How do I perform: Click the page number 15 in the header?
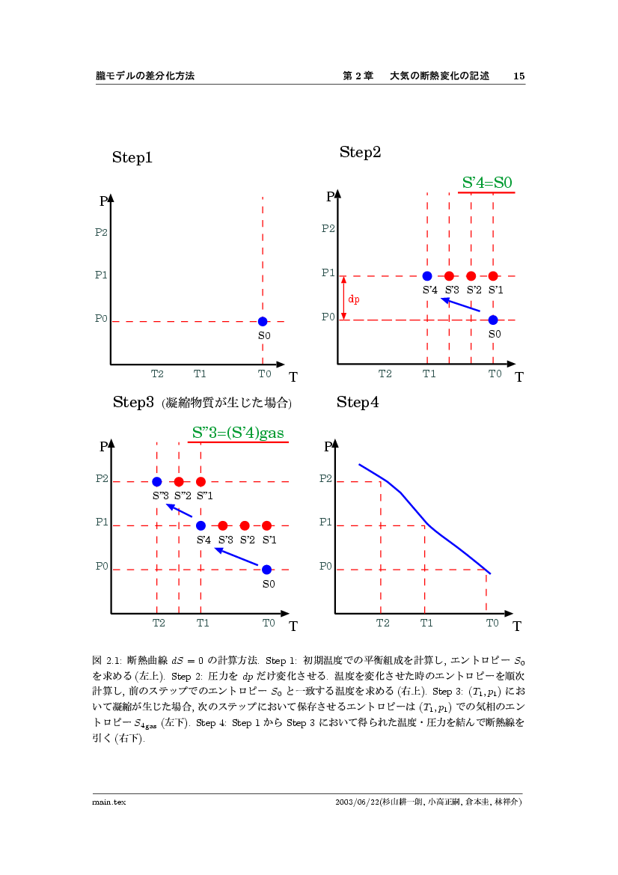(x=518, y=76)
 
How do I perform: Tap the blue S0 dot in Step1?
(x=263, y=321)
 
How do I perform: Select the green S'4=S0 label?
(x=487, y=182)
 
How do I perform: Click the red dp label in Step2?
(x=354, y=299)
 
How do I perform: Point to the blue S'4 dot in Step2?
(x=427, y=276)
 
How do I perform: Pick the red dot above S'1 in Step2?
(x=493, y=276)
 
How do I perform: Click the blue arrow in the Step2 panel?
(x=460, y=304)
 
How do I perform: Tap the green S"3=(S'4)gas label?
(x=238, y=433)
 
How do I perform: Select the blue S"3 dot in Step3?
(x=157, y=481)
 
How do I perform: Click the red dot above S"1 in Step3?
(x=201, y=481)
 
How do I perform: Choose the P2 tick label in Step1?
(x=101, y=232)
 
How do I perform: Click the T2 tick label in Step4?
(x=383, y=623)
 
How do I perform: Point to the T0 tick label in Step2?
(x=495, y=374)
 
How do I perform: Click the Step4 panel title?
(x=358, y=403)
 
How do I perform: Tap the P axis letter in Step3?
(x=103, y=448)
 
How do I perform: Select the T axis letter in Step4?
(x=517, y=626)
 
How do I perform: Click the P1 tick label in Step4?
(x=325, y=522)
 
